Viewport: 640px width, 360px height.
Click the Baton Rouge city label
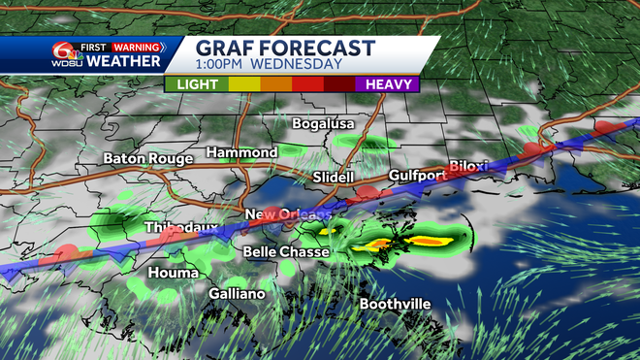click(147, 157)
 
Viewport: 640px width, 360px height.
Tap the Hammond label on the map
click(241, 152)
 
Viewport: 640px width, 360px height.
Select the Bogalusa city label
click(325, 124)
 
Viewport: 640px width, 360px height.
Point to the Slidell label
click(336, 178)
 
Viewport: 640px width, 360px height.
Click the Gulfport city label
click(417, 176)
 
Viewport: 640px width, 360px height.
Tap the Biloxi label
click(470, 165)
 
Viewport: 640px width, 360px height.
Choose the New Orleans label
click(287, 214)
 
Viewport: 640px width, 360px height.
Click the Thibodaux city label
click(180, 227)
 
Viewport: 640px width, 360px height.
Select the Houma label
click(173, 273)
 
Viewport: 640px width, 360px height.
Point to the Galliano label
click(240, 293)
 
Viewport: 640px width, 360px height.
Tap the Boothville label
click(395, 304)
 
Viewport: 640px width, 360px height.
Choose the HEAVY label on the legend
click(386, 84)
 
